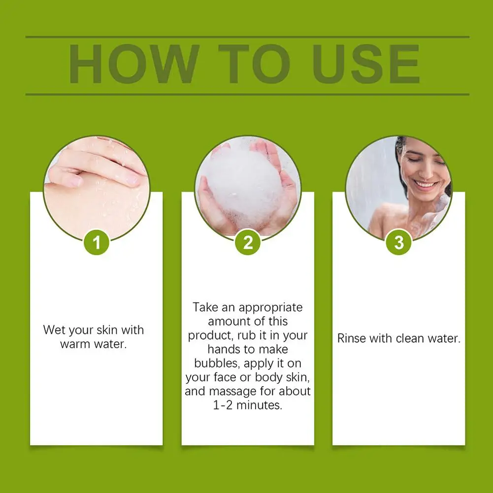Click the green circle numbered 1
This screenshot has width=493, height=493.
click(97, 242)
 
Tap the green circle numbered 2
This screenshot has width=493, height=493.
click(248, 242)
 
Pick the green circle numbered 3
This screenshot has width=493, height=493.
click(398, 242)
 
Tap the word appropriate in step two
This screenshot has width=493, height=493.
click(270, 308)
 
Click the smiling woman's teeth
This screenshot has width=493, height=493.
click(425, 183)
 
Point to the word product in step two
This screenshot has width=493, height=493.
click(207, 336)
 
